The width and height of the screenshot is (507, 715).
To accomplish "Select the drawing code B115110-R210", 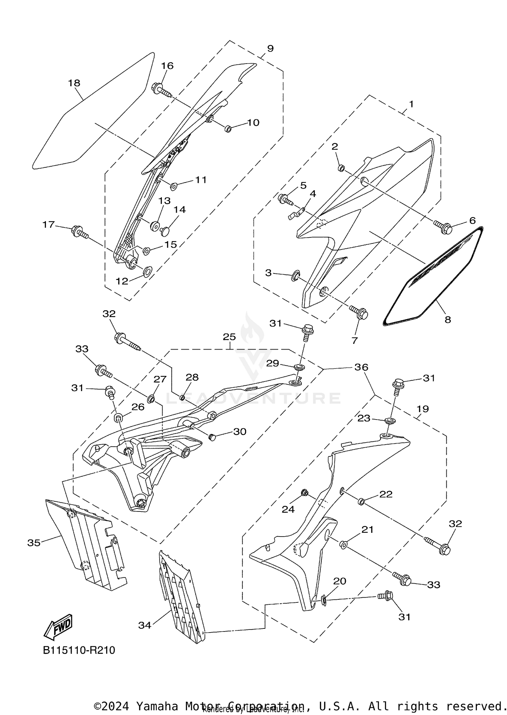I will tap(79, 650).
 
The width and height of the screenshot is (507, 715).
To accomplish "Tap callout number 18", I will tap(74, 83).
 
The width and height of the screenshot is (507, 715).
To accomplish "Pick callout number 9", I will tap(270, 48).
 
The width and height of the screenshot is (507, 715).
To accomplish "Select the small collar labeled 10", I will tap(228, 128).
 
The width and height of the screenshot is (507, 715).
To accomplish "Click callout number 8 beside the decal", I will tap(448, 319).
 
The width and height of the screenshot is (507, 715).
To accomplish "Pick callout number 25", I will tap(230, 337).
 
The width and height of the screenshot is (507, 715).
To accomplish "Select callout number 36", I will tap(361, 367).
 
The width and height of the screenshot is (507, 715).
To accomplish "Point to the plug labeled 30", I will tap(212, 437).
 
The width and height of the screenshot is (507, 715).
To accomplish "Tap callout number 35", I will tap(34, 543).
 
